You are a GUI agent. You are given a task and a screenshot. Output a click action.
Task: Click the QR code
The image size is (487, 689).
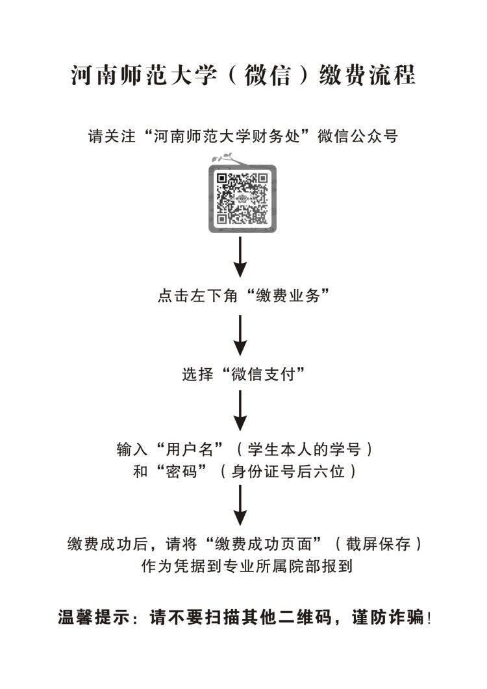(x=242, y=199)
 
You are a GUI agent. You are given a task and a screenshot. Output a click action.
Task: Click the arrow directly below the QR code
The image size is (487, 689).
(x=240, y=257)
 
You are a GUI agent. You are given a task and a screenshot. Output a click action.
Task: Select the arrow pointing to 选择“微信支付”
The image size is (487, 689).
(x=240, y=335)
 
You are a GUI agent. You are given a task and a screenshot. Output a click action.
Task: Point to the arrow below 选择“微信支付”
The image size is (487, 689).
(x=240, y=411)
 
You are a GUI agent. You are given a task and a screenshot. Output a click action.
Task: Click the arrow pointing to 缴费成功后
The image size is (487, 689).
(x=240, y=505)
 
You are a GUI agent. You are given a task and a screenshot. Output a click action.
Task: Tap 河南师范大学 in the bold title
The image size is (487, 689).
(x=144, y=75)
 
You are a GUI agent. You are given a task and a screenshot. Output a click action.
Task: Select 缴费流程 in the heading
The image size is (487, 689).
(x=367, y=75)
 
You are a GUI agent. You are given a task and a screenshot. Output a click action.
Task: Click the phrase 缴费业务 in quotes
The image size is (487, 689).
(x=288, y=295)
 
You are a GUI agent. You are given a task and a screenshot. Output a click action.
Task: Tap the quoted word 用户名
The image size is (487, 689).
(x=190, y=449)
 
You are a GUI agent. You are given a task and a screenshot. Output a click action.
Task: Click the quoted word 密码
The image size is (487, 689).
(x=181, y=471)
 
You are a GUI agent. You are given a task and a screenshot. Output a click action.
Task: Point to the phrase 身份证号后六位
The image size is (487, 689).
(x=288, y=471)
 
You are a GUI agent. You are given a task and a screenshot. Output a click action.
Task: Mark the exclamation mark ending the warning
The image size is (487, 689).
(x=429, y=618)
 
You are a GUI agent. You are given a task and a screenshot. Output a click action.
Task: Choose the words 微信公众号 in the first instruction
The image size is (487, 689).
(x=358, y=136)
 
